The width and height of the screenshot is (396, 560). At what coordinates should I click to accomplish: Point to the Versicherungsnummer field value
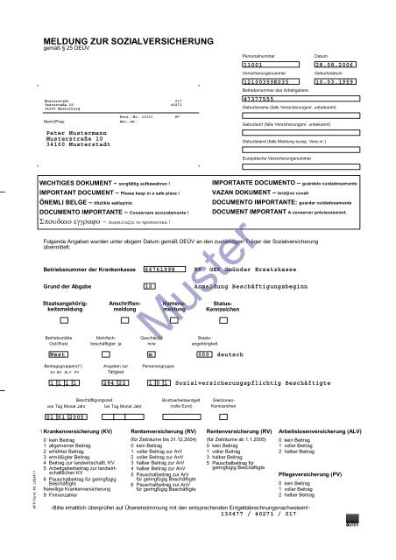pos(272,82)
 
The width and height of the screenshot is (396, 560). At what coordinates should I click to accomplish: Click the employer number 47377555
pos(258,100)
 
